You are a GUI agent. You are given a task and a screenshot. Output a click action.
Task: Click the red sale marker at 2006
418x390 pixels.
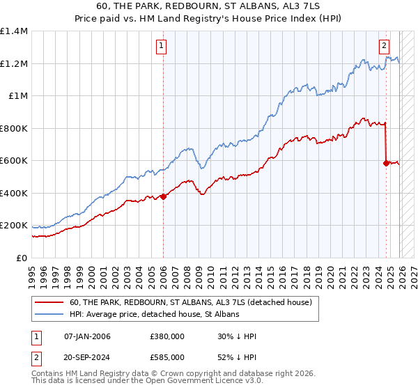tap(163, 196)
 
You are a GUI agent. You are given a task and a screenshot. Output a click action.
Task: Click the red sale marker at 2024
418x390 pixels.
tap(386, 163)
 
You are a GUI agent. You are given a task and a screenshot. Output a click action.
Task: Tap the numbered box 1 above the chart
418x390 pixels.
tap(162, 47)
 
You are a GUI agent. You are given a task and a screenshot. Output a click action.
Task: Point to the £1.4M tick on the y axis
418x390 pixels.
tap(14, 31)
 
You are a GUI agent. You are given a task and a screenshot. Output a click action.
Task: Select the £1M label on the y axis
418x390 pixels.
tap(17, 96)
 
